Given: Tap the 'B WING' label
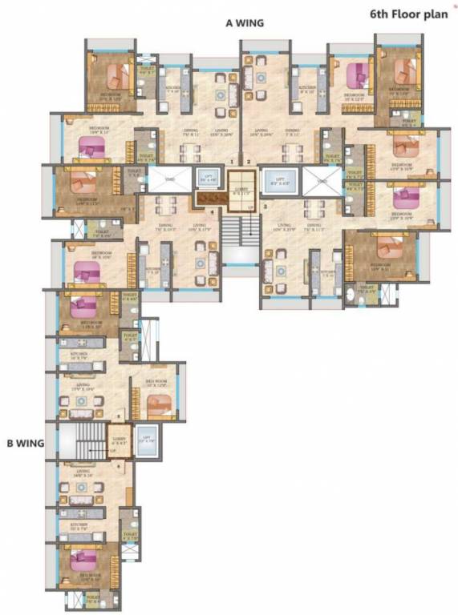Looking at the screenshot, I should coord(25,441).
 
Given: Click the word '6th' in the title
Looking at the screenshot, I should coord(381,14).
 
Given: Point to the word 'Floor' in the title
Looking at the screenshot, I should coord(410,14).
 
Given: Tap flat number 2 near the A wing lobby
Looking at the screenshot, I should coord(249,163).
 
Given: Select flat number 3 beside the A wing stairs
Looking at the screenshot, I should coord(265,207).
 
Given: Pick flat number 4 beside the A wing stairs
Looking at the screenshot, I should coord(212,211).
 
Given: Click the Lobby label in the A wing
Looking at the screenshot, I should coord(239,190).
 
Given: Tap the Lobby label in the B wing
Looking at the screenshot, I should coord(120,440).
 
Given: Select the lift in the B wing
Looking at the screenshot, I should coord(147,443).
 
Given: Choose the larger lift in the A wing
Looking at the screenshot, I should coord(279,183).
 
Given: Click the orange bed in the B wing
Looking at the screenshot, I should coord(160,407).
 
